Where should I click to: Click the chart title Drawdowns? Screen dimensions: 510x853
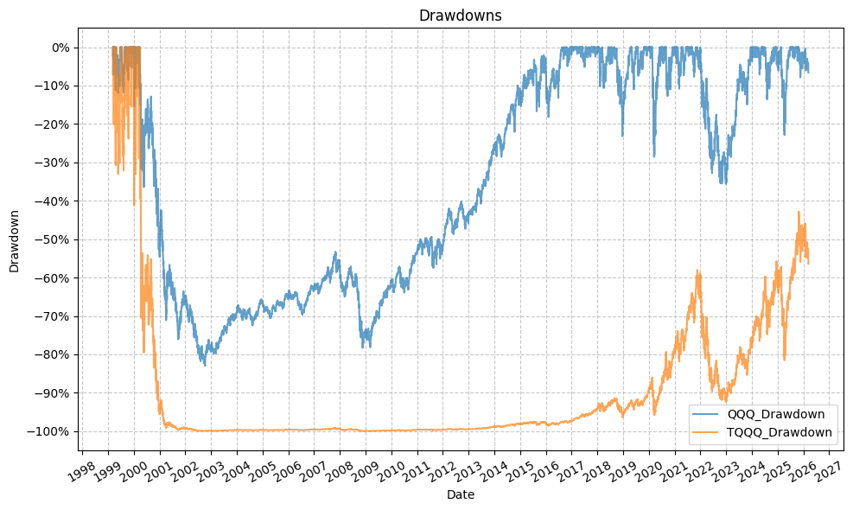(448, 16)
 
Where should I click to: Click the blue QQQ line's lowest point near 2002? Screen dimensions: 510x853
(205, 366)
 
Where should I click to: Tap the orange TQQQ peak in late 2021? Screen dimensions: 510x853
(697, 271)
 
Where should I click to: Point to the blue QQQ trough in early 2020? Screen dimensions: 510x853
(654, 156)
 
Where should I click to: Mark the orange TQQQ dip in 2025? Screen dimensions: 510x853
(784, 360)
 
